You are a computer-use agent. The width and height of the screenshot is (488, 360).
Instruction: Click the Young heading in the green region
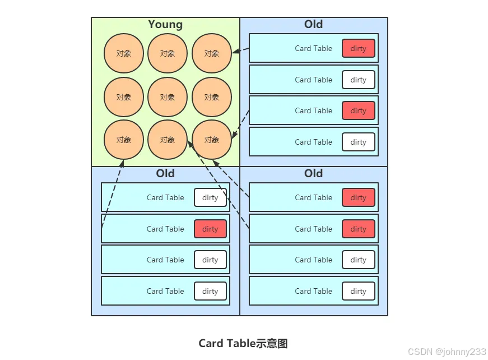(165, 25)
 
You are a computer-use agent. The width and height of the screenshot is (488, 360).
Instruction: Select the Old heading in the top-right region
(313, 24)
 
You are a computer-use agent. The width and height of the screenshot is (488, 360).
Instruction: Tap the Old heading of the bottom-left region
(165, 173)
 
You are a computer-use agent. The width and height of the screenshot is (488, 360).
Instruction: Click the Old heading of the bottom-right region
(313, 173)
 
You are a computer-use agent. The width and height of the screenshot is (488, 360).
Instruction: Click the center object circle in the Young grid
(168, 97)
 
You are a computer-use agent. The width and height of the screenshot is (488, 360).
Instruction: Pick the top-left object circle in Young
(124, 53)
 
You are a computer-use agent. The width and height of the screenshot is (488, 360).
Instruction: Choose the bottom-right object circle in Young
(211, 140)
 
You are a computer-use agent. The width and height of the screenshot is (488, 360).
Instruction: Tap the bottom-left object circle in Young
(124, 140)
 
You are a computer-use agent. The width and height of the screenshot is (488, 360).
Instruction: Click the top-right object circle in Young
(211, 53)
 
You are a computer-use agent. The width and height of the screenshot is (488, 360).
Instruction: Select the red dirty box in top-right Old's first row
(358, 48)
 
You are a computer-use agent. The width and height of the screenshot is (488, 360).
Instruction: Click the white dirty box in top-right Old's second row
(358, 80)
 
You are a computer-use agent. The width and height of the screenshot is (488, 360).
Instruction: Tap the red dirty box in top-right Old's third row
(358, 110)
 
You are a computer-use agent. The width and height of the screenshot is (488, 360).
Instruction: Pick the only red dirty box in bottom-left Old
(210, 229)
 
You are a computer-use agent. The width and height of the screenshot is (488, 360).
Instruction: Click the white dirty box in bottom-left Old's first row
(210, 197)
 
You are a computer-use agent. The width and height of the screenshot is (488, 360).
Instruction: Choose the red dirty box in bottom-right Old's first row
(358, 197)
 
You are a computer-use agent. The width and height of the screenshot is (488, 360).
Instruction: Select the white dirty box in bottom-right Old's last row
(358, 291)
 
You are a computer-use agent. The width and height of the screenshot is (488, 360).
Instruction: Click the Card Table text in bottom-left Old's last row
(165, 291)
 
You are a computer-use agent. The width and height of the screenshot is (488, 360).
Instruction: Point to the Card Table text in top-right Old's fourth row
(313, 142)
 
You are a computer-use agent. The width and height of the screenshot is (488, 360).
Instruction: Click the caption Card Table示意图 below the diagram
(243, 344)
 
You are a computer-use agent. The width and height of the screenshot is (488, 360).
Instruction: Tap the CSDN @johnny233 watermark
(447, 352)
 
